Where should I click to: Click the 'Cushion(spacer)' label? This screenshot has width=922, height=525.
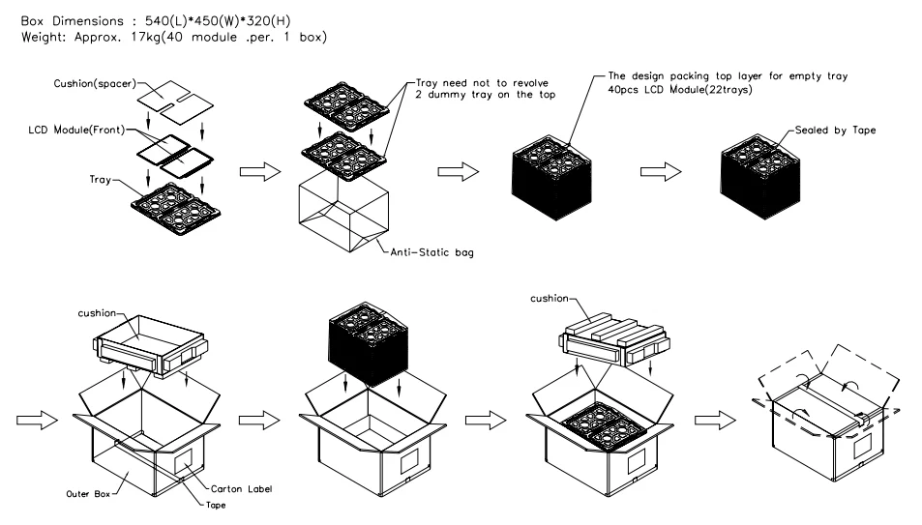[x=95, y=83]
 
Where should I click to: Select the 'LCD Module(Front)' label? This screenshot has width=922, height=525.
[x=76, y=130]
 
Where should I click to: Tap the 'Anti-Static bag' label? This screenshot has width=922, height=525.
[x=432, y=252]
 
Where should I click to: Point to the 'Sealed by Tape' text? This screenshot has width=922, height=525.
[x=835, y=130]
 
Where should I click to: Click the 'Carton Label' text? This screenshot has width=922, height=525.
[x=241, y=488]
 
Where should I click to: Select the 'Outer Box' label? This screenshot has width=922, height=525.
[x=88, y=494]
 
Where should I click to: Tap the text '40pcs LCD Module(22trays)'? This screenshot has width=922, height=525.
[x=680, y=89]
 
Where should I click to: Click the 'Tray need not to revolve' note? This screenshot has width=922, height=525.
[x=482, y=83]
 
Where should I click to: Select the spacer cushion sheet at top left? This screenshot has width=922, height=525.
[x=175, y=102]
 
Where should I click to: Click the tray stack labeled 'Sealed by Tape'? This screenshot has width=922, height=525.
[x=760, y=177]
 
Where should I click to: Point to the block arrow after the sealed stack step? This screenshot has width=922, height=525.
[x=661, y=172]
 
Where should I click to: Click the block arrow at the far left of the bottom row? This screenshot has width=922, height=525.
[x=37, y=420]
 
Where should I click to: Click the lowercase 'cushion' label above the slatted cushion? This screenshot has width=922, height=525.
[x=550, y=298]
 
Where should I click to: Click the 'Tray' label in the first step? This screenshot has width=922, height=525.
[x=100, y=179]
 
